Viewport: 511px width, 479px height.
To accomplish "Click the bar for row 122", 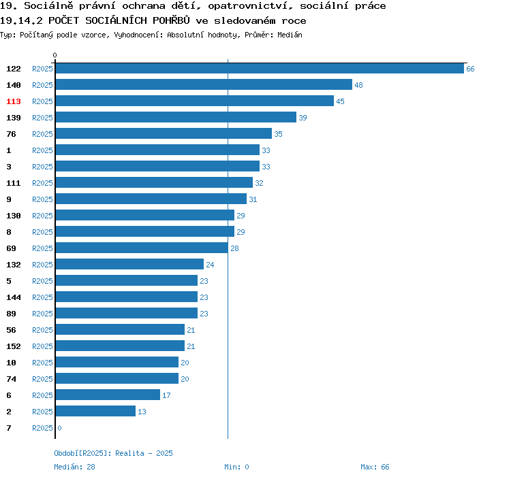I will (x=260, y=69).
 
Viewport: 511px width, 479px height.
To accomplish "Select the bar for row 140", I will (x=204, y=85).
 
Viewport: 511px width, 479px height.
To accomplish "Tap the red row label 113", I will (x=14, y=101).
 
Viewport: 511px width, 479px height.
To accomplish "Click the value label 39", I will (x=303, y=118).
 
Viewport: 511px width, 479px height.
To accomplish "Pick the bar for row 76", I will (x=164, y=134).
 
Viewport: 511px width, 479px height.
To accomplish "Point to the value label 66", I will (x=470, y=69).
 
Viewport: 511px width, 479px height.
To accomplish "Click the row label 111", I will (x=14, y=183).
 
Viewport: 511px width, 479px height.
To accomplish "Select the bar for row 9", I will (x=151, y=199).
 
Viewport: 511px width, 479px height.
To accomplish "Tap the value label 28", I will (x=234, y=248).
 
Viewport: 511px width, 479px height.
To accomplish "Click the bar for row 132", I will (x=129, y=265).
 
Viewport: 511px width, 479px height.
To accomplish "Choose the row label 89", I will (x=12, y=314).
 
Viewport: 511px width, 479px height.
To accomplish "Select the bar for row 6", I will (x=108, y=395).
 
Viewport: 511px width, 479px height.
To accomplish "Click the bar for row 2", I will (x=95, y=412).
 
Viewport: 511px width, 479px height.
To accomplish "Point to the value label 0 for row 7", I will (x=59, y=428).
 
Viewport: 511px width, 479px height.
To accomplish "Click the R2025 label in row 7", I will (x=42, y=428).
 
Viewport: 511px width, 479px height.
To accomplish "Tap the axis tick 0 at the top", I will (x=55, y=55).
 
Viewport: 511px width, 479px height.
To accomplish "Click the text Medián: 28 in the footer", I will (x=74, y=467).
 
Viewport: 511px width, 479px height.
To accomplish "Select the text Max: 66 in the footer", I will (x=375, y=467).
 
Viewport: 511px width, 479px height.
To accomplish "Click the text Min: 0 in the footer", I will (x=236, y=467).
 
